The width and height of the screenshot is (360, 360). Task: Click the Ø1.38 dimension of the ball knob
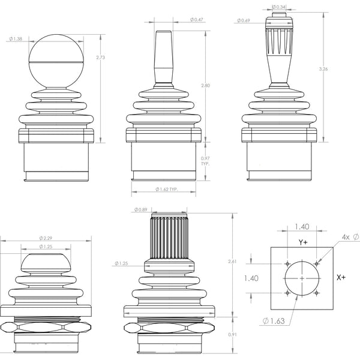tap(16, 39)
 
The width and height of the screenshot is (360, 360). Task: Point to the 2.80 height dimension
tap(205, 86)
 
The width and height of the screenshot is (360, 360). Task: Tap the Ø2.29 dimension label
tap(46, 238)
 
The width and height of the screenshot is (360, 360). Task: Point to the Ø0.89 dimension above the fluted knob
tap(141, 209)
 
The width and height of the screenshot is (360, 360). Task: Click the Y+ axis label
tap(304, 243)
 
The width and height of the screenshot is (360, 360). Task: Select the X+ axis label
tap(341, 278)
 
